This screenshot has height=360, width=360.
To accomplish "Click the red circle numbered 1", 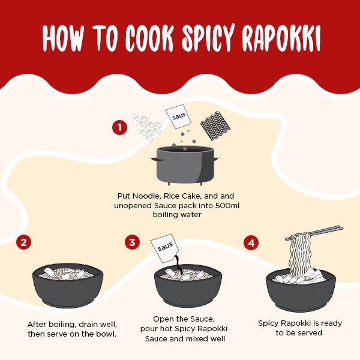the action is (119, 127).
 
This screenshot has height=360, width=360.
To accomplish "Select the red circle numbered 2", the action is (23, 242).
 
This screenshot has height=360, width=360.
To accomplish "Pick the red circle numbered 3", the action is (132, 242).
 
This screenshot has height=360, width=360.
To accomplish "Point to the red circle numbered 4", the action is (251, 242).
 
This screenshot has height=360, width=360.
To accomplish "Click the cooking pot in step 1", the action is (185, 164).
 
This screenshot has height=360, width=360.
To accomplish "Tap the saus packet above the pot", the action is (178, 116).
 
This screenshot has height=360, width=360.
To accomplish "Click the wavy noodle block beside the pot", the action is (215, 126).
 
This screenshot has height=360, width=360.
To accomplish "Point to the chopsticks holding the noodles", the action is (314, 233).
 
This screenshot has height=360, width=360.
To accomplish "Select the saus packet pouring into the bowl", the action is (165, 248).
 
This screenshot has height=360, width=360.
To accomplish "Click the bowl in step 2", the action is (68, 286).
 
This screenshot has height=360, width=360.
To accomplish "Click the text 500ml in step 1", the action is (227, 205).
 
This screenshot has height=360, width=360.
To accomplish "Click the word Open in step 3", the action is (162, 319).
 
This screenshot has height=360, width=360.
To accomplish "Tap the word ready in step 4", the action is (331, 323).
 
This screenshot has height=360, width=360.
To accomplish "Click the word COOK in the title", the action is (149, 38).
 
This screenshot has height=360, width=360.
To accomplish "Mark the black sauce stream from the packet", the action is (178, 264).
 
